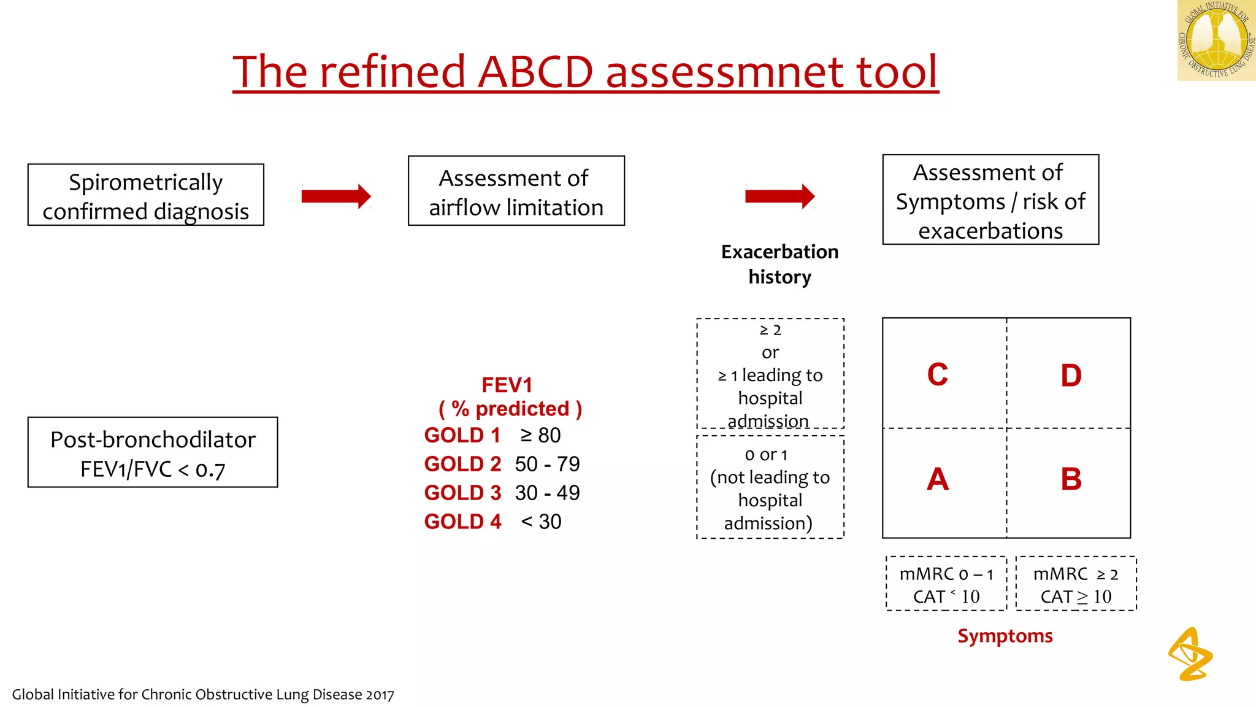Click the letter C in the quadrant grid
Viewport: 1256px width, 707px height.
(x=937, y=374)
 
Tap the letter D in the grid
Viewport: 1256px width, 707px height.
(x=1071, y=376)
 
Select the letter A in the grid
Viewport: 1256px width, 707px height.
(x=937, y=479)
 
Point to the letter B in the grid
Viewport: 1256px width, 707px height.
(x=1071, y=479)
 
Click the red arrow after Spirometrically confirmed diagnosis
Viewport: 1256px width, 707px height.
(x=336, y=196)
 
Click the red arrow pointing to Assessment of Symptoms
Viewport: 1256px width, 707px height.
(x=779, y=196)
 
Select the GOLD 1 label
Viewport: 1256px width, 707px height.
(x=462, y=435)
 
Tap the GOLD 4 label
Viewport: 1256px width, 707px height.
(x=462, y=522)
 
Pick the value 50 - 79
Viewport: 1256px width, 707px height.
(x=547, y=464)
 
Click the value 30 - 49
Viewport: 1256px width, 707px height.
(x=547, y=493)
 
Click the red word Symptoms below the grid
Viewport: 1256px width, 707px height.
(x=1005, y=636)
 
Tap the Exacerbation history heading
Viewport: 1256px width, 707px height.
(x=779, y=264)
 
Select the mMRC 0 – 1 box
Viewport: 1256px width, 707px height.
(x=946, y=584)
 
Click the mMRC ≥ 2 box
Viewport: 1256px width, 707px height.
(x=1076, y=584)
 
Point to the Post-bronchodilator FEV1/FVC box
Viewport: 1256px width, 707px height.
(x=153, y=453)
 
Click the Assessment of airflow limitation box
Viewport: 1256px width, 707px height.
(x=516, y=191)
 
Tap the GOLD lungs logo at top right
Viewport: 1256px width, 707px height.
(x=1216, y=41)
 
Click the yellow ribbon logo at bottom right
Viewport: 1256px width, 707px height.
(x=1190, y=654)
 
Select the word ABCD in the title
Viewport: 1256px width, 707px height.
(x=535, y=72)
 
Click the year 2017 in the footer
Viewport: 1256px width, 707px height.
(x=380, y=695)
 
